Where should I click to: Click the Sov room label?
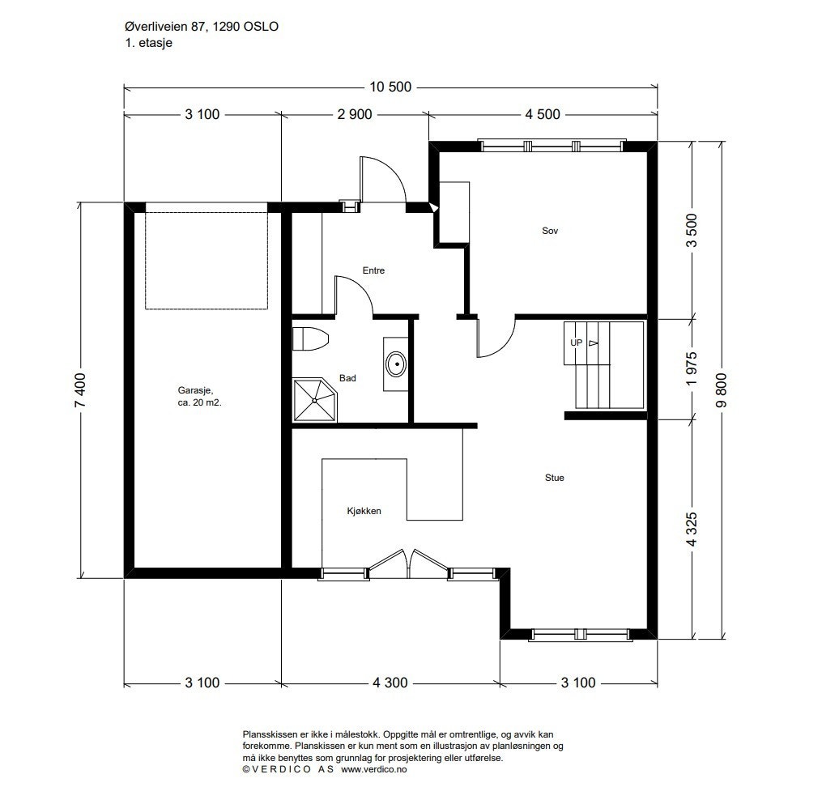click(x=549, y=231)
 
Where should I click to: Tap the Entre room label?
click(x=373, y=270)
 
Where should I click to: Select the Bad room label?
click(x=347, y=378)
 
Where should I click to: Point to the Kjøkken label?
click(x=364, y=511)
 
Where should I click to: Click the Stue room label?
click(x=554, y=478)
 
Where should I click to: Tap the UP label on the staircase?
click(x=576, y=342)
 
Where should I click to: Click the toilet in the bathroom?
click(x=310, y=339)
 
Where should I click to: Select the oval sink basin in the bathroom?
click(x=396, y=364)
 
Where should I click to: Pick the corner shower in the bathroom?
click(x=314, y=401)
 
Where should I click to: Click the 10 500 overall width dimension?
click(x=390, y=87)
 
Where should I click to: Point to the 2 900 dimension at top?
click(x=355, y=114)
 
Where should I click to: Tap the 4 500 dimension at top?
click(x=543, y=114)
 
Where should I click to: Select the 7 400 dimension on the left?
click(x=81, y=389)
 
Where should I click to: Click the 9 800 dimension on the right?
click(x=722, y=389)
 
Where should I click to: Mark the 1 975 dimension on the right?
click(x=692, y=369)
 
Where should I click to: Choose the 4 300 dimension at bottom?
click(x=390, y=683)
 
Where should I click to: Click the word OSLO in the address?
click(x=261, y=27)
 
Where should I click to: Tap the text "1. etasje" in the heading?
click(x=149, y=43)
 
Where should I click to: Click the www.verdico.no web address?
click(x=374, y=769)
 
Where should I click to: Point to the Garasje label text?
click(x=194, y=390)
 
